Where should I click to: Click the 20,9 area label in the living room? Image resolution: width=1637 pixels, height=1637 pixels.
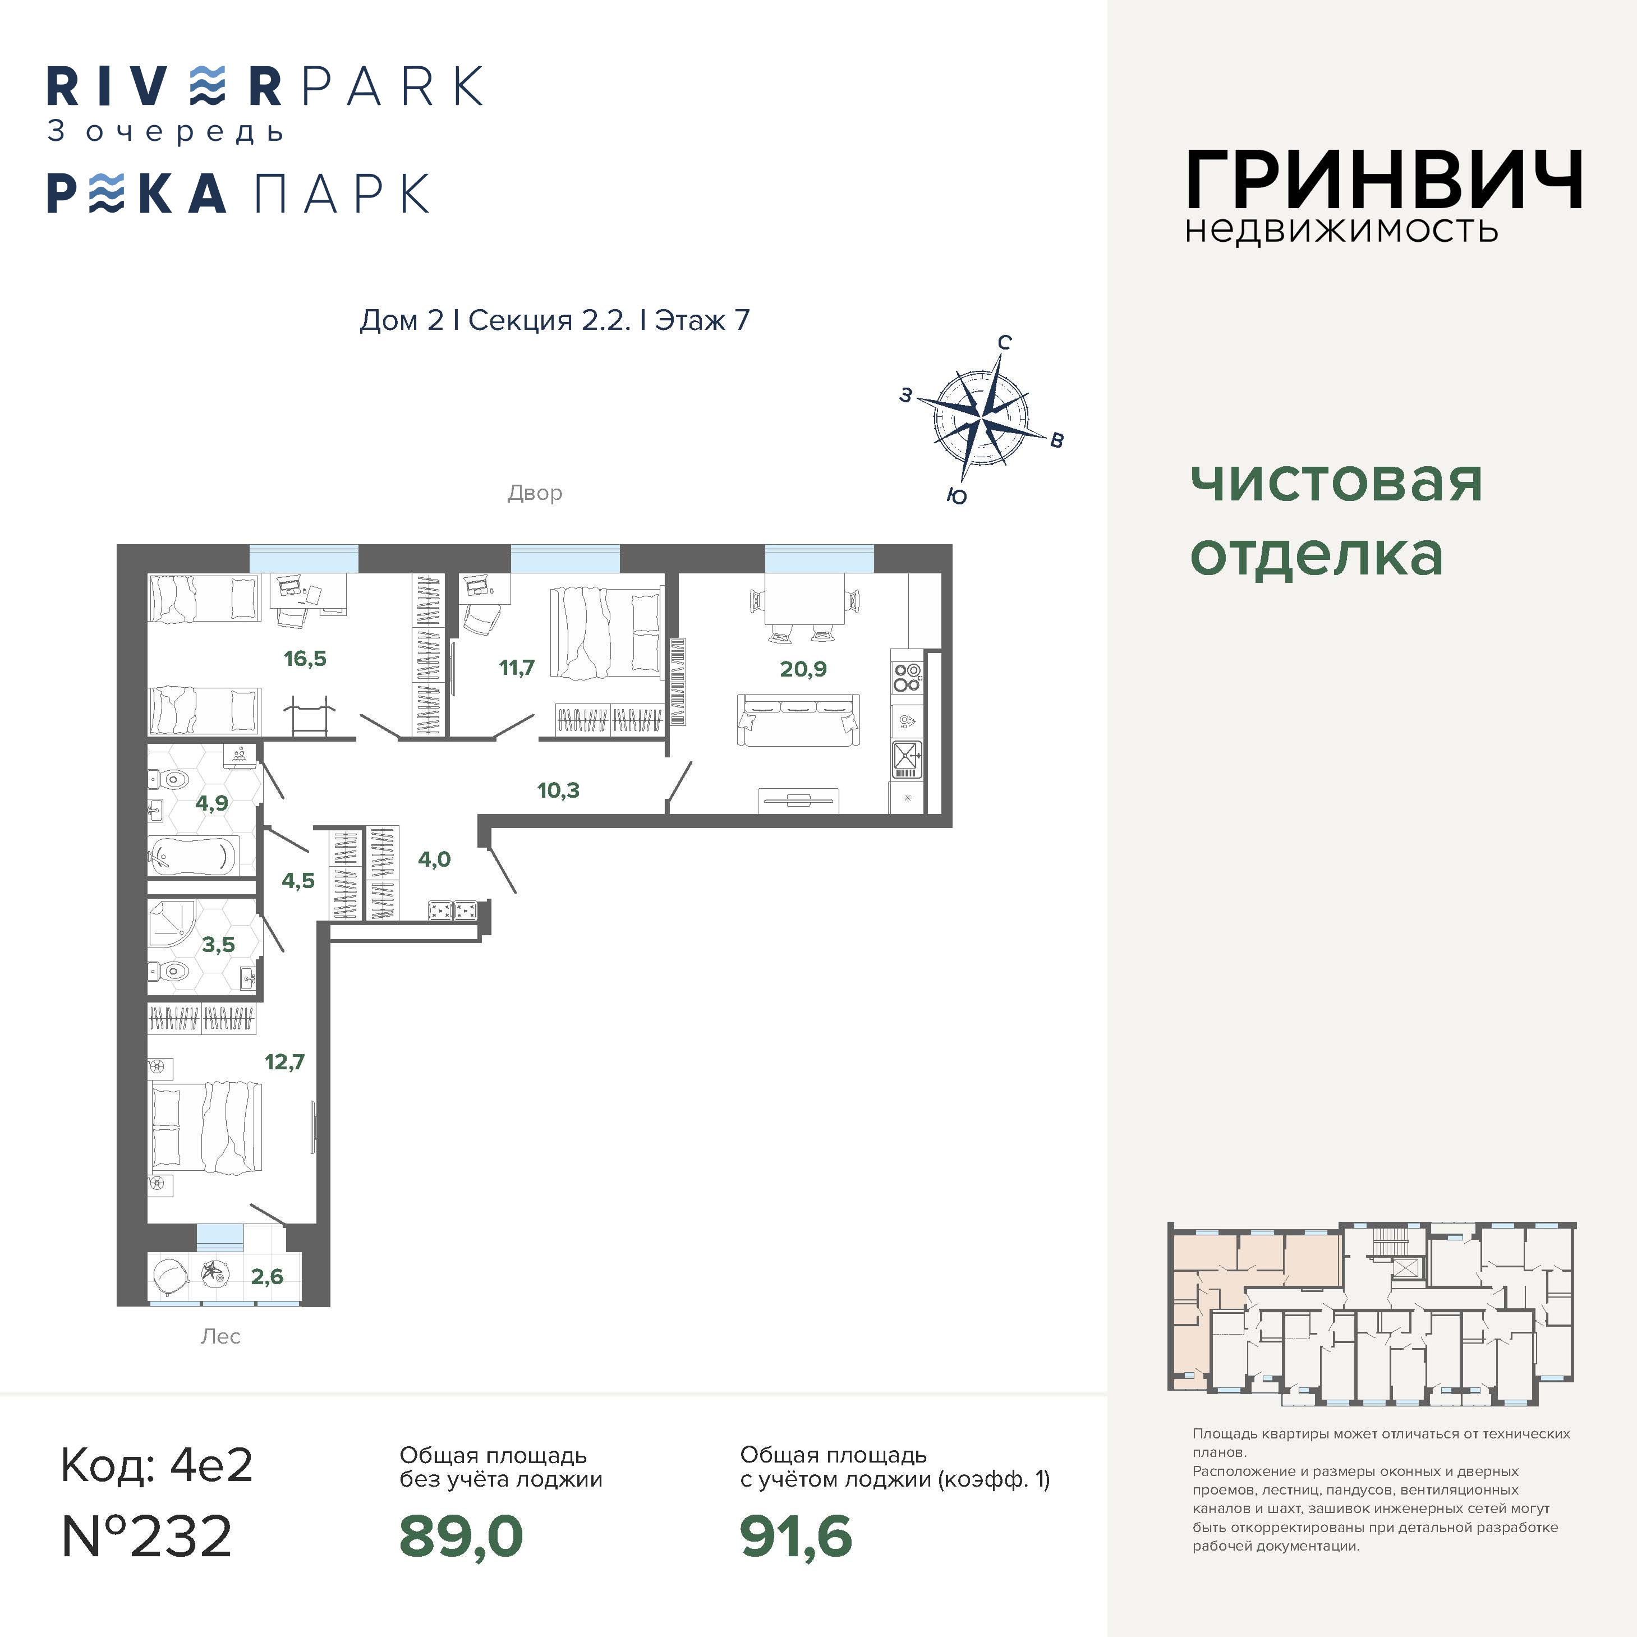coord(802,669)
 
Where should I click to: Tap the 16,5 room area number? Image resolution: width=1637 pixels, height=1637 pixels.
coord(305,659)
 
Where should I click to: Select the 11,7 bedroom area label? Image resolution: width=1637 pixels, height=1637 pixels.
coord(517,668)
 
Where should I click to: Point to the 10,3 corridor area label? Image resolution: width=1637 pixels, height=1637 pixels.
coord(558,790)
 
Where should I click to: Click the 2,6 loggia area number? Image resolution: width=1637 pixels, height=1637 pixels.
coord(267,1276)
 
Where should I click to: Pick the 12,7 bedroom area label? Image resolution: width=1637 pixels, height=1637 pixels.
coord(284,1061)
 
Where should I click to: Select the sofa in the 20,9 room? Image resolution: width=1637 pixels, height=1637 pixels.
coord(799,719)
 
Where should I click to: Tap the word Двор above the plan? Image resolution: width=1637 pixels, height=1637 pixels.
coord(535,493)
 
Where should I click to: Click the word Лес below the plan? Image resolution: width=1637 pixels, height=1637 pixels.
coord(220,1337)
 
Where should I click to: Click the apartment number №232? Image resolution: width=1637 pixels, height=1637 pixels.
coord(146,1536)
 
